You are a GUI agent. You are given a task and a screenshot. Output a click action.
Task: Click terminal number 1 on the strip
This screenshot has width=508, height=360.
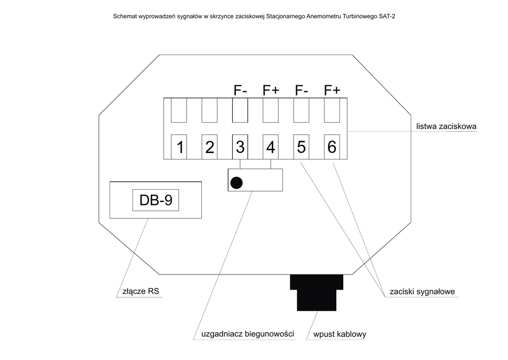pyautogui.click(x=179, y=147)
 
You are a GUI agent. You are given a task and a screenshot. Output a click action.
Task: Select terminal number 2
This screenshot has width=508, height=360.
pyautogui.click(x=209, y=147)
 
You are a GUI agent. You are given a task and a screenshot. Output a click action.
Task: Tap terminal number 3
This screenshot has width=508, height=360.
pyautogui.click(x=240, y=147)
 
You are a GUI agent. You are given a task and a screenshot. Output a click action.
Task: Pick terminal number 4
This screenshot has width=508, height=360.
pyautogui.click(x=270, y=147)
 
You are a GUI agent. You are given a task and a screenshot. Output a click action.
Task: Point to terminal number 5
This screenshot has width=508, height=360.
pyautogui.click(x=301, y=147)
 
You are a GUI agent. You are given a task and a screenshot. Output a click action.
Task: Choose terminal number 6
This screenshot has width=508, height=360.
pyautogui.click(x=332, y=147)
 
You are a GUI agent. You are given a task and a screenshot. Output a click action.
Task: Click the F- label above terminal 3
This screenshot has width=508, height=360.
pyautogui.click(x=241, y=90)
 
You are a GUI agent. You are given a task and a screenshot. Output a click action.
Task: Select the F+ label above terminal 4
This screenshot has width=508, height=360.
pyautogui.click(x=271, y=90)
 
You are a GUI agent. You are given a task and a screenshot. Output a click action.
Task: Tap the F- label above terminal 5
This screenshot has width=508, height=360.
pyautogui.click(x=302, y=90)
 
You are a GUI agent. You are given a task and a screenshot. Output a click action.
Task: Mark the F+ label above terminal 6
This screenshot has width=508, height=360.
pyautogui.click(x=332, y=90)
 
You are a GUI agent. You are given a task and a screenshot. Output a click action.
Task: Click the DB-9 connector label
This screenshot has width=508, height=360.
pyautogui.click(x=155, y=200)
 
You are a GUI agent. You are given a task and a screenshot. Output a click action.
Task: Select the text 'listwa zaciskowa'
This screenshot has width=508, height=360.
pyautogui.click(x=446, y=126)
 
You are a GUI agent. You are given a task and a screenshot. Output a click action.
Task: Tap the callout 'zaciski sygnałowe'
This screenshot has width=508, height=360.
pyautogui.click(x=423, y=291)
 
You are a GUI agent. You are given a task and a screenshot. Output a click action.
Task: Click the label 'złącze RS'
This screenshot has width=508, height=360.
pyautogui.click(x=141, y=291)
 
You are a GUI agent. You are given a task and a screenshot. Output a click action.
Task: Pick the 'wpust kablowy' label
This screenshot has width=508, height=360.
pyautogui.click(x=339, y=334)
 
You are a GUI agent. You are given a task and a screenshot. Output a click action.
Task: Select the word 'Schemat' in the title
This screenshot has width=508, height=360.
pyautogui.click(x=126, y=16)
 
